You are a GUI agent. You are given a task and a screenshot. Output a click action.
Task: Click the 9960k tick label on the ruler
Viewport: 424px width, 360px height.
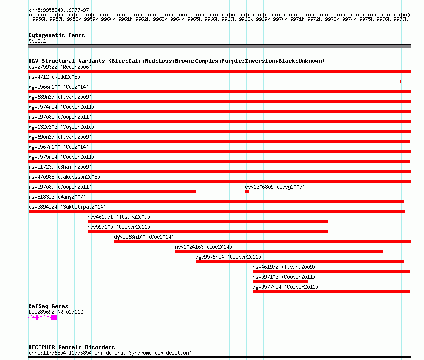108,19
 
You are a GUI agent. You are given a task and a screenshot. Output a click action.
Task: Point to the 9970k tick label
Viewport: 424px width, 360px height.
280,19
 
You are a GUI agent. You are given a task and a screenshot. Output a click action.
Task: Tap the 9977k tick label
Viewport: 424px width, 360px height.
401,19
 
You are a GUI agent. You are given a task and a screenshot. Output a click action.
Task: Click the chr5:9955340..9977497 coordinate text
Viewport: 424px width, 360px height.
59,10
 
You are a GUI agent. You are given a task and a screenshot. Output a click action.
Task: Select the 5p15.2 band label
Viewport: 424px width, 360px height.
37,41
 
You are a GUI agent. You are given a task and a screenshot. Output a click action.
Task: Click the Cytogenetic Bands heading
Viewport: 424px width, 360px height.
57,35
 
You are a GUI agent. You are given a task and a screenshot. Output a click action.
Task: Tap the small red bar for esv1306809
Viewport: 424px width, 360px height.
247,191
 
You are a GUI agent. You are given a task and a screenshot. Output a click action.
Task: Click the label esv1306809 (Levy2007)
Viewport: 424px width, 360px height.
275,187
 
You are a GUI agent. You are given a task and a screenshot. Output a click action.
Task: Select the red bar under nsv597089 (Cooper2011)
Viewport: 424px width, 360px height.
112,191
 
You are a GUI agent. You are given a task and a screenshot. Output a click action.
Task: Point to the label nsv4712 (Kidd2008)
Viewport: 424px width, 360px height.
54,77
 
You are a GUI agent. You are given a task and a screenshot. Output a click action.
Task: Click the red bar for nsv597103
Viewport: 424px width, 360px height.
280,281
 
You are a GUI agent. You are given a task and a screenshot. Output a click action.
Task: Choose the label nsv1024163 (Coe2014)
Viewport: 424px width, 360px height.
203,247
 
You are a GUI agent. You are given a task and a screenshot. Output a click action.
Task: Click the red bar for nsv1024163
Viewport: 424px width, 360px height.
279,251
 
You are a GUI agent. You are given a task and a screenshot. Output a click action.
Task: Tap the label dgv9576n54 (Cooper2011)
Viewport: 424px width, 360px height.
228,257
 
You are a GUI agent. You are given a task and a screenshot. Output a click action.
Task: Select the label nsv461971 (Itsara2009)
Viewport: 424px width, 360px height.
119,217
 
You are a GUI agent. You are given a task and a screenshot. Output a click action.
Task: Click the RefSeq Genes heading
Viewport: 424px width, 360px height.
48,306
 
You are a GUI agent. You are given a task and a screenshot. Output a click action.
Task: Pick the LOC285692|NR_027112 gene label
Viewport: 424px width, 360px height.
56,312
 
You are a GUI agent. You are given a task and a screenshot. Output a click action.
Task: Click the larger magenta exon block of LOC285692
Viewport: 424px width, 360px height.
54,318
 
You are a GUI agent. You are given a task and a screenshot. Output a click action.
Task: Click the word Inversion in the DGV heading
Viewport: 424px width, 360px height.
233,61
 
